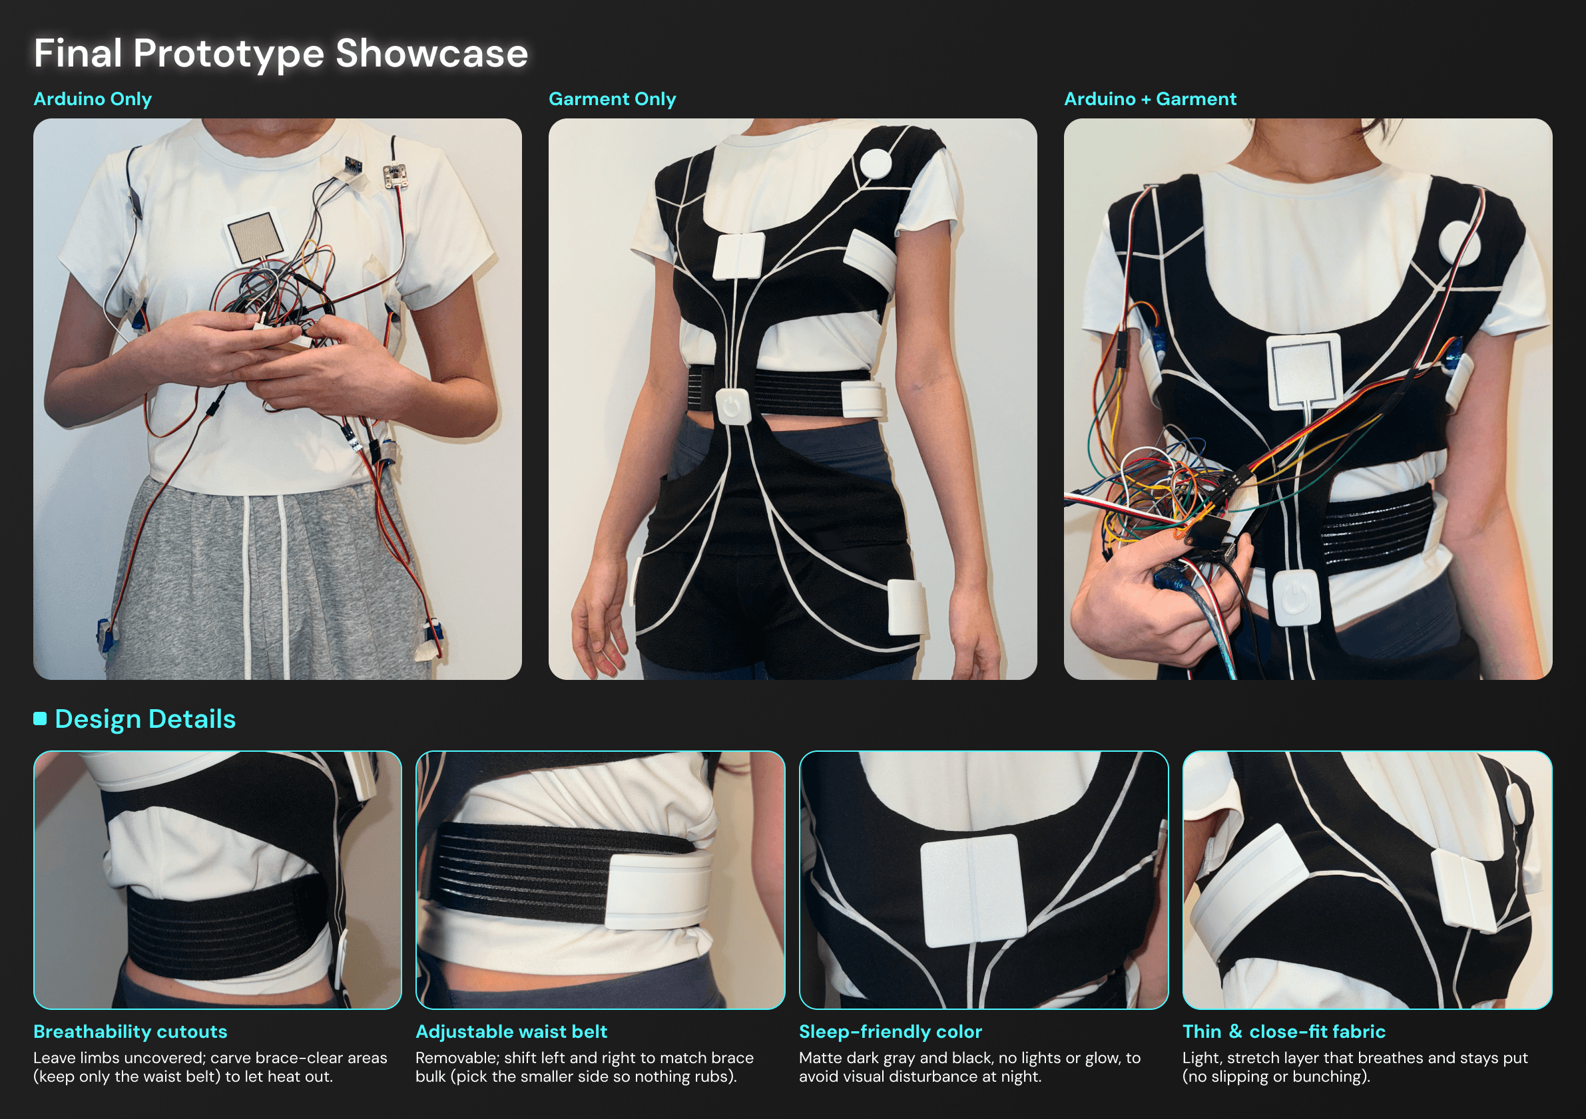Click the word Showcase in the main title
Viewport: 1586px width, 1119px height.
(431, 53)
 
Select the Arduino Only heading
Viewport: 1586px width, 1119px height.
(93, 99)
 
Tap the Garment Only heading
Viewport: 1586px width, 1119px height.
(612, 99)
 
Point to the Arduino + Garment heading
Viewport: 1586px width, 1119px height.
(1150, 99)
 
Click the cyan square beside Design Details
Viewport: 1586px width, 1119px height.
(40, 719)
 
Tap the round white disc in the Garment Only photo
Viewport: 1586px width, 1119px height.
(876, 164)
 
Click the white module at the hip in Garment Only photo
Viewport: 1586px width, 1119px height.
(906, 607)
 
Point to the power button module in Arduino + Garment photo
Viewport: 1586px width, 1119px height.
(1296, 598)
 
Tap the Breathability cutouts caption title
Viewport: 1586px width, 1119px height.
(131, 1032)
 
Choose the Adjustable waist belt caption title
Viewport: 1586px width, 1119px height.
(511, 1032)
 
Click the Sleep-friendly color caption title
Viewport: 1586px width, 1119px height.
(890, 1032)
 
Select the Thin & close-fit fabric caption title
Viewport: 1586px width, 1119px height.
(1284, 1032)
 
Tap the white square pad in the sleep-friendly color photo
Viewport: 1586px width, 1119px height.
(973, 890)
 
